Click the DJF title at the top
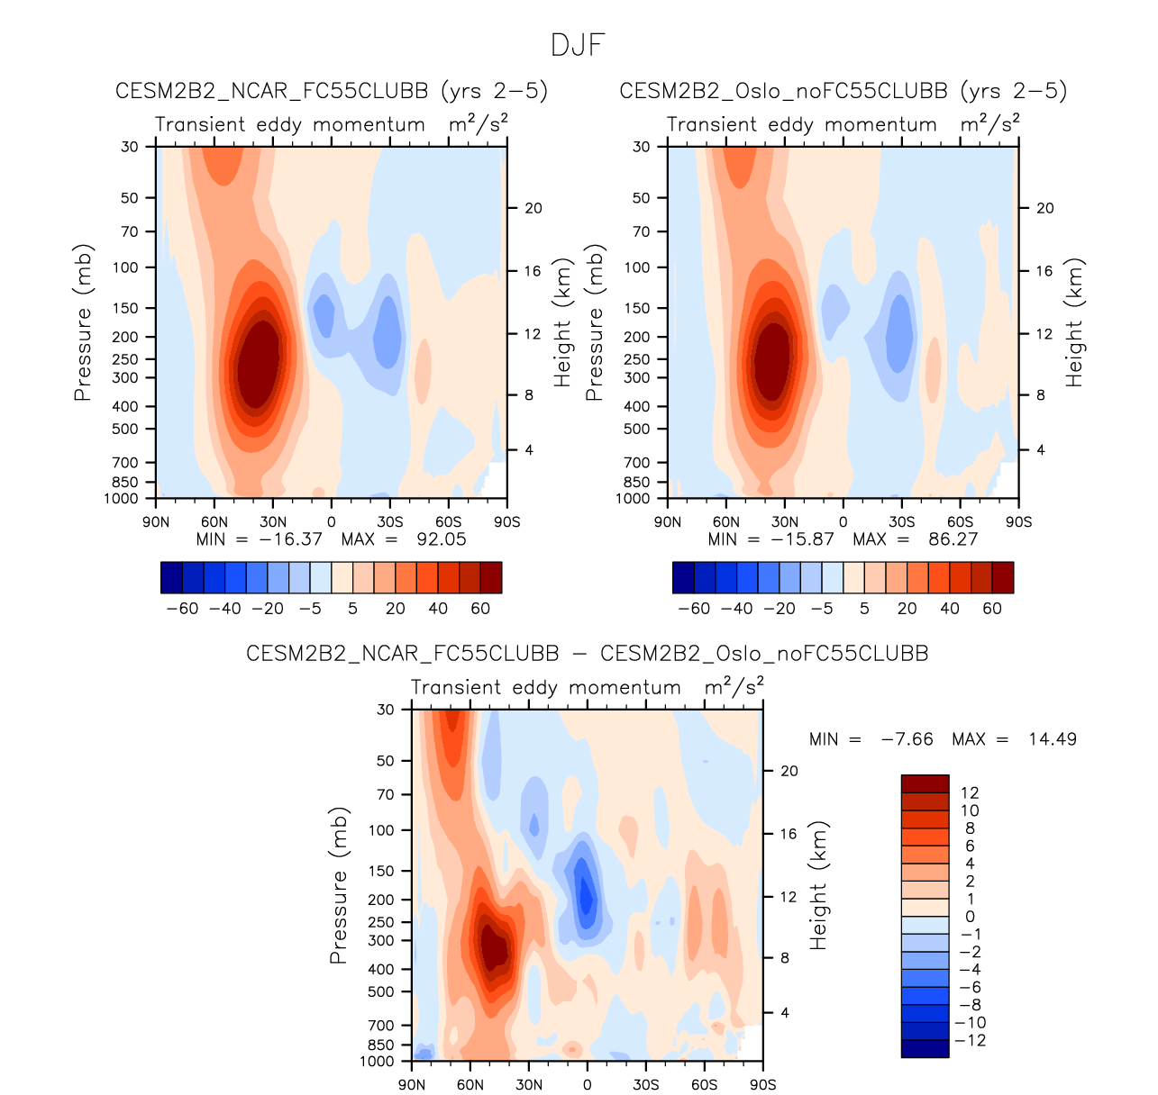point(578,45)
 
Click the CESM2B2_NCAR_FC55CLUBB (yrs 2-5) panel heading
point(332,91)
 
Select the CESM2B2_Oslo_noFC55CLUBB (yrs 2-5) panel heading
point(843,91)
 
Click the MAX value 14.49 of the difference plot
point(1052,739)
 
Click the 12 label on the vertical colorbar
point(970,793)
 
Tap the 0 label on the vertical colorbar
point(971,917)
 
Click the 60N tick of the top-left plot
point(214,522)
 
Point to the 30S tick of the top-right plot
point(901,522)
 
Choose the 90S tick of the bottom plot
point(762,1084)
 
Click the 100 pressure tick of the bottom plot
point(382,830)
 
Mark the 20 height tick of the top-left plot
point(533,209)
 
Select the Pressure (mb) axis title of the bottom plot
point(339,885)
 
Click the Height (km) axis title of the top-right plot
point(1074,322)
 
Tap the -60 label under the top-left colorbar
point(183,609)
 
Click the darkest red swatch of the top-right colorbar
point(1002,577)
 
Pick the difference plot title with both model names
point(587,654)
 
